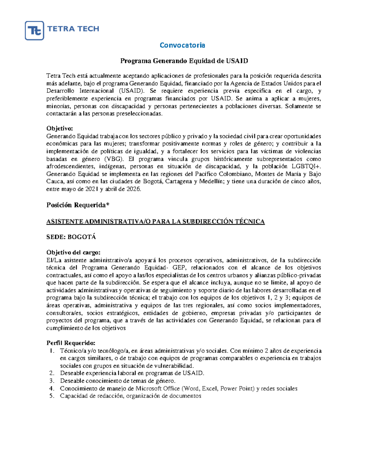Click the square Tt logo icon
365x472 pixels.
(x=34, y=30)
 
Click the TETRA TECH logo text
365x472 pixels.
(x=73, y=29)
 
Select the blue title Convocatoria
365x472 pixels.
(x=182, y=45)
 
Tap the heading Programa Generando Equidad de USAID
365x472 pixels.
(x=184, y=61)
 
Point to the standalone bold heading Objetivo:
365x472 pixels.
(x=60, y=129)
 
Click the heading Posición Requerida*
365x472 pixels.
(x=78, y=205)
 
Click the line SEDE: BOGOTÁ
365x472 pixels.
(x=71, y=237)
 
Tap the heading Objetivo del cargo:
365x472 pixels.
(x=73, y=253)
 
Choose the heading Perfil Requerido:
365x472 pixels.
(x=71, y=343)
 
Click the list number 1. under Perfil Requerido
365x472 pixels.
(x=52, y=351)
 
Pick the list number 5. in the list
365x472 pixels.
(x=52, y=396)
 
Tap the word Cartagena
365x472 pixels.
(x=180, y=182)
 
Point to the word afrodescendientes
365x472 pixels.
(x=70, y=167)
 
